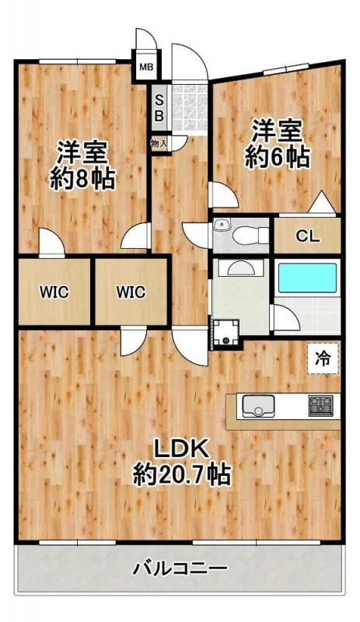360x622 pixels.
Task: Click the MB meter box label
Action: (x=146, y=67)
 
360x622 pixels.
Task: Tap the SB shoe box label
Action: (x=159, y=107)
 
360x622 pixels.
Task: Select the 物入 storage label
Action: (x=159, y=144)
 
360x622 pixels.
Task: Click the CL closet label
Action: (x=308, y=237)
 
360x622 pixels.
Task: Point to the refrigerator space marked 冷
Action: (x=323, y=358)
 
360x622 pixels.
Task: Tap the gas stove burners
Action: (x=320, y=405)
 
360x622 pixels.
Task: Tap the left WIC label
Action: (x=54, y=292)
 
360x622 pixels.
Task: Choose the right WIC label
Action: (x=131, y=292)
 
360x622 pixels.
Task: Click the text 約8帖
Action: (x=82, y=180)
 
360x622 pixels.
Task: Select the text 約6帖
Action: (x=277, y=158)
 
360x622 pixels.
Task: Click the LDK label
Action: (x=181, y=449)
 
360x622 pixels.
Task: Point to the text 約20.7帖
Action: (x=182, y=474)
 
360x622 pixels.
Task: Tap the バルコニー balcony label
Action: (x=180, y=569)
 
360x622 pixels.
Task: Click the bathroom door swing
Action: (x=285, y=317)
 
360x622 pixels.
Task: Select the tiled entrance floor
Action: (x=190, y=108)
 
